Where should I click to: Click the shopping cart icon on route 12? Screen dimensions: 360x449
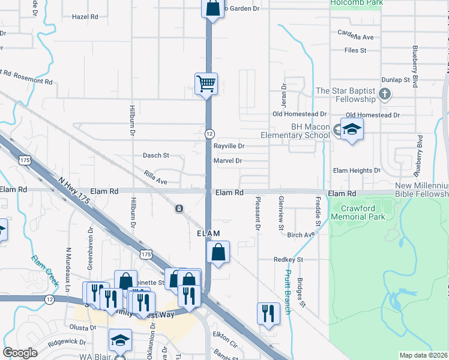pos(206,83)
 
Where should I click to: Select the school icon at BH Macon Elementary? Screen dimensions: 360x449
pos(352,129)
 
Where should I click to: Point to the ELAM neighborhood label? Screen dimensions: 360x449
pos(206,233)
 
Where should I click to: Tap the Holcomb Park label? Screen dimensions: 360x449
pos(356,2)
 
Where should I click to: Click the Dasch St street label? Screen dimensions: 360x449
pos(155,155)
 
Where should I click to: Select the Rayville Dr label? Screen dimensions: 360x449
pos(229,146)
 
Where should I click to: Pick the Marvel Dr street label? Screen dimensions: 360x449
pos(228,161)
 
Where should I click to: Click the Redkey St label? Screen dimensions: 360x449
pos(289,260)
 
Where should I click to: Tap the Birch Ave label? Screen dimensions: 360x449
pos(301,235)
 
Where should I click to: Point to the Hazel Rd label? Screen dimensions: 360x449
pos(85,17)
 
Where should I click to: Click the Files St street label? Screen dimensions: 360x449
pos(355,50)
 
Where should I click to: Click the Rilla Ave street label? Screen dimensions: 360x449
pos(155,176)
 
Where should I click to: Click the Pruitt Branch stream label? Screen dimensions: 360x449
pos(287,292)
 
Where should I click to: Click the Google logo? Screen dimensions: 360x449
pos(20,353)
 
